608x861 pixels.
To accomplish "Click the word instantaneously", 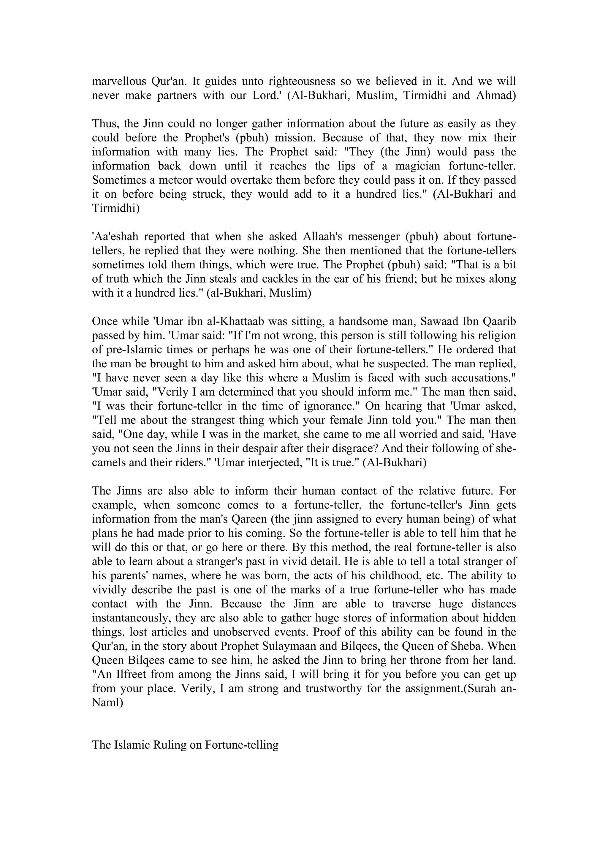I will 132,618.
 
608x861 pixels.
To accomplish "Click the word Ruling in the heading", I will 170,745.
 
